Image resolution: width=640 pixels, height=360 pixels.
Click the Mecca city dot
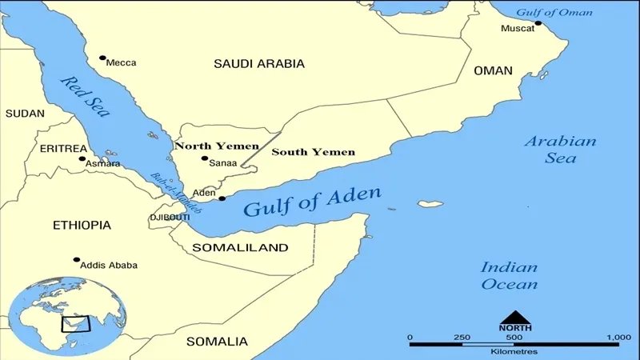(x=102, y=58)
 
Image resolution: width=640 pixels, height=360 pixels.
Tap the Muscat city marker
(x=538, y=23)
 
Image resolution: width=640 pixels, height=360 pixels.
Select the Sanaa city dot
(x=205, y=158)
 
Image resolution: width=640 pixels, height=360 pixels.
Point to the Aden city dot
(x=222, y=198)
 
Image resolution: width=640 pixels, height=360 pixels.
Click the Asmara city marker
(x=82, y=158)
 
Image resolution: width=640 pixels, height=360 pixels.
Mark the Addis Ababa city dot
(x=77, y=260)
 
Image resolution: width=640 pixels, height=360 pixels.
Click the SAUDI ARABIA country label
(x=259, y=63)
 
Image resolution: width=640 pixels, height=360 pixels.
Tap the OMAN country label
(x=493, y=71)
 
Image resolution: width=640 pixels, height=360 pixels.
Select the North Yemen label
(x=216, y=146)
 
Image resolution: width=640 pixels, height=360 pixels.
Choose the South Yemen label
(x=314, y=151)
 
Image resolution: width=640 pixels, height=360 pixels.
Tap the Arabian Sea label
(x=560, y=150)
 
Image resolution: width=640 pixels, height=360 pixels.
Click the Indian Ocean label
(x=509, y=275)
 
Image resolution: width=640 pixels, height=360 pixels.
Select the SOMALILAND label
(x=240, y=248)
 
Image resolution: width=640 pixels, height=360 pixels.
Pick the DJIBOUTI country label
(x=170, y=218)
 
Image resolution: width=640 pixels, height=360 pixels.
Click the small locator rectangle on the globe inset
(x=78, y=325)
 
